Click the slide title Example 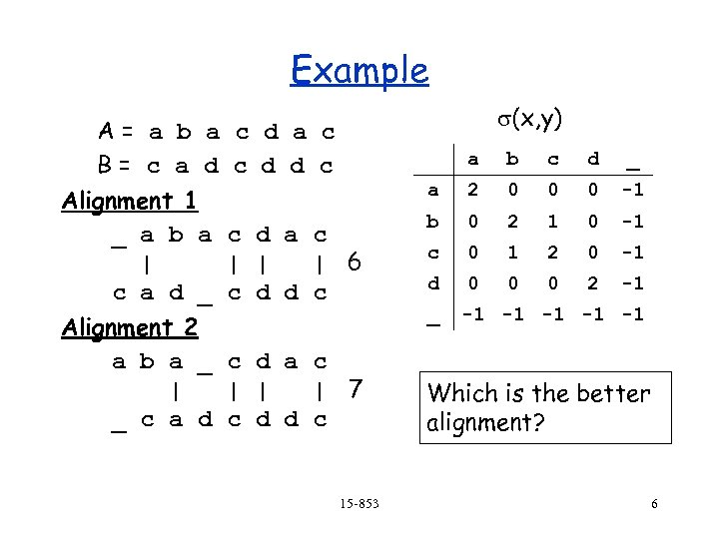point(359,71)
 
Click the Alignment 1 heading point(131,201)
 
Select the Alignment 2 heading point(131,327)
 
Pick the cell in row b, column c point(552,221)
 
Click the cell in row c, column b point(513,252)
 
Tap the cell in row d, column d point(593,282)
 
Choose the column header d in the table point(593,159)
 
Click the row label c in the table point(433,252)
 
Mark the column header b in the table point(513,159)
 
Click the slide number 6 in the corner point(654,503)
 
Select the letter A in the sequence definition point(105,132)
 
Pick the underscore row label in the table point(433,317)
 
